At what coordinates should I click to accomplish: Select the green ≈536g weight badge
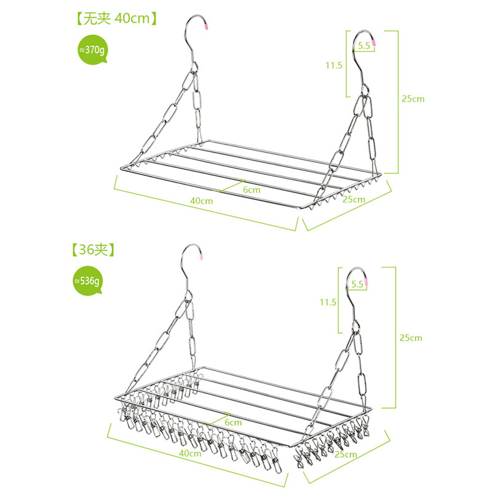(x=87, y=280)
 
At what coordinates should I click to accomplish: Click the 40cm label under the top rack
(x=201, y=200)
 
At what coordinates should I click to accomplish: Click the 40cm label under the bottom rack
(x=191, y=453)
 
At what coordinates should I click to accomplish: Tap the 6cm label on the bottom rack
(x=233, y=423)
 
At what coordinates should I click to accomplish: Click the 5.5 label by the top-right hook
(x=363, y=46)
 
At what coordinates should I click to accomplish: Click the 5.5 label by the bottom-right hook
(x=357, y=284)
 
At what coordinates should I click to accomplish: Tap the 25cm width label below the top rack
(x=354, y=199)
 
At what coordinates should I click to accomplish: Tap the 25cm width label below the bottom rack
(x=346, y=454)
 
